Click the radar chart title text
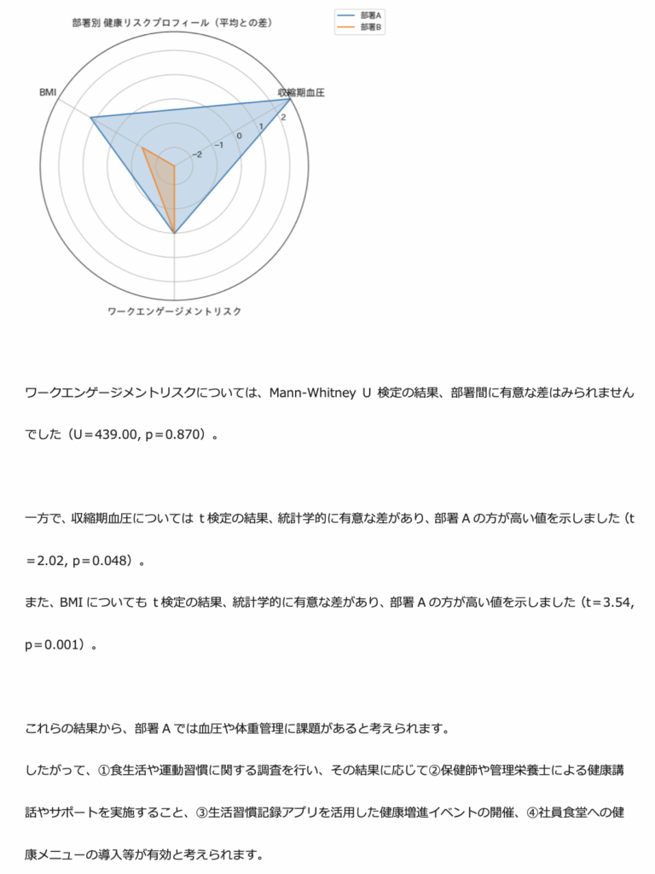pyautogui.click(x=172, y=23)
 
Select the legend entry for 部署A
pyautogui.click(x=370, y=15)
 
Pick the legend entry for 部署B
pyautogui.click(x=370, y=27)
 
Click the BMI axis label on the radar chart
pyautogui.click(x=48, y=91)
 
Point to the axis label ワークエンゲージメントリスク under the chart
pyautogui.click(x=174, y=312)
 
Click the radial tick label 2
pyautogui.click(x=283, y=117)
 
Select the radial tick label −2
pyautogui.click(x=198, y=154)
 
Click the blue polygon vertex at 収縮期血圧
pyautogui.click(x=291, y=99)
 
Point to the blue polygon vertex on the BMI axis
pyautogui.click(x=91, y=118)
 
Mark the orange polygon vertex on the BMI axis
pyautogui.click(x=142, y=148)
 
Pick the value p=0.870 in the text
pyautogui.click(x=176, y=435)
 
